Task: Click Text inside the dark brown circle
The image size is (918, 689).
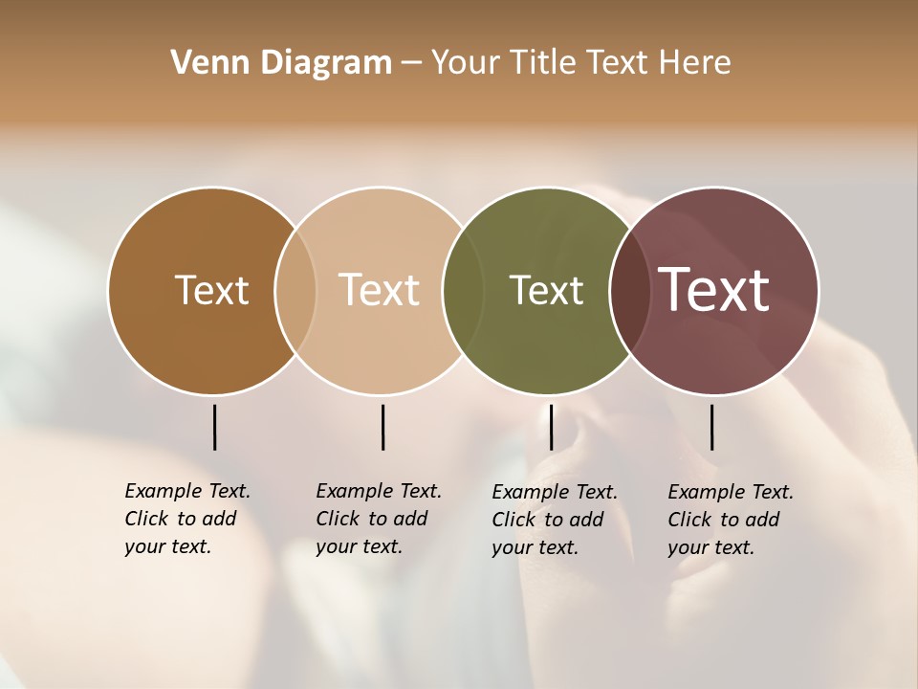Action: pyautogui.click(x=211, y=290)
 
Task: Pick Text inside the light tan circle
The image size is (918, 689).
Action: pyautogui.click(x=379, y=290)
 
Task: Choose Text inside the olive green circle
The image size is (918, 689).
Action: pyautogui.click(x=546, y=290)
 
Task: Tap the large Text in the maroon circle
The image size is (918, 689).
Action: pyautogui.click(x=714, y=290)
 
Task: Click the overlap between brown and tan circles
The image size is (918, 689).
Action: pyautogui.click(x=295, y=290)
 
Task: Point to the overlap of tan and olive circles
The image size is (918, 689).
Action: pyautogui.click(x=463, y=290)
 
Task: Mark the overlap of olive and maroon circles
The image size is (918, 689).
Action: pyautogui.click(x=630, y=290)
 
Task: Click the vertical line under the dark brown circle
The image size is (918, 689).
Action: pyautogui.click(x=214, y=427)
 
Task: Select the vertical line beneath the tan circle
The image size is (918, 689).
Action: pyautogui.click(x=382, y=427)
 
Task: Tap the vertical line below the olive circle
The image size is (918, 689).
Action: pyautogui.click(x=551, y=427)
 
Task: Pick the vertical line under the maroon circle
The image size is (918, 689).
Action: pyautogui.click(x=711, y=427)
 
